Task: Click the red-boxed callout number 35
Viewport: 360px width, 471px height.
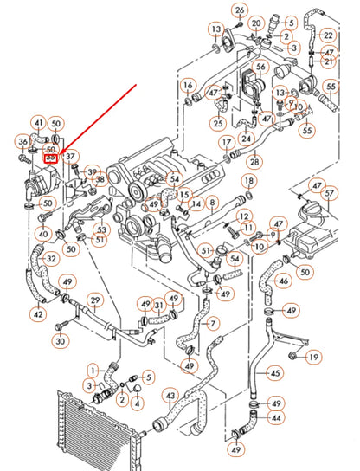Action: [51, 158]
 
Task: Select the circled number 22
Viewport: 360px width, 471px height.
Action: [327, 35]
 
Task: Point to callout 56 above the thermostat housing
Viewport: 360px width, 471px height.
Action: [260, 67]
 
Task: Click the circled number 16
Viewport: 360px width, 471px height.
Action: [188, 85]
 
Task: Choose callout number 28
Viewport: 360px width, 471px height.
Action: [254, 162]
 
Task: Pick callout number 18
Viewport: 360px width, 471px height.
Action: [248, 181]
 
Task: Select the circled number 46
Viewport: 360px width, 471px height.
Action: [283, 280]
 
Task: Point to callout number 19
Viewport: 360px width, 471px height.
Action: [313, 357]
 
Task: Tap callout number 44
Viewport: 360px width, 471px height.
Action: [276, 417]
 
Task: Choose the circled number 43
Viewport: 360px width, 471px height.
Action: [170, 397]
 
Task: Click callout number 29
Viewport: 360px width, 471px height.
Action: [95, 301]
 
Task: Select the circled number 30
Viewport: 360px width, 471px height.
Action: [60, 341]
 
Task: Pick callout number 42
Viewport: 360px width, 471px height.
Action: [38, 314]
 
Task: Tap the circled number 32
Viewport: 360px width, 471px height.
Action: [51, 258]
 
